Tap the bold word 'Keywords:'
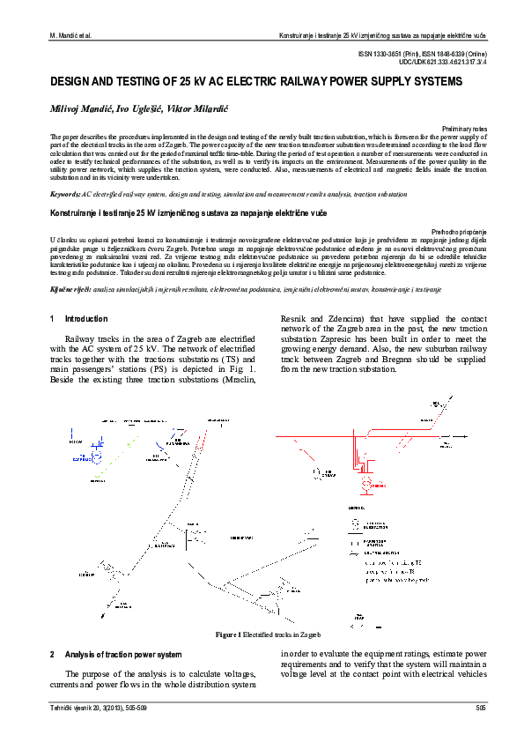tap(66, 192)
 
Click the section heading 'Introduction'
tap(86, 318)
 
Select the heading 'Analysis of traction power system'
tap(123, 654)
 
